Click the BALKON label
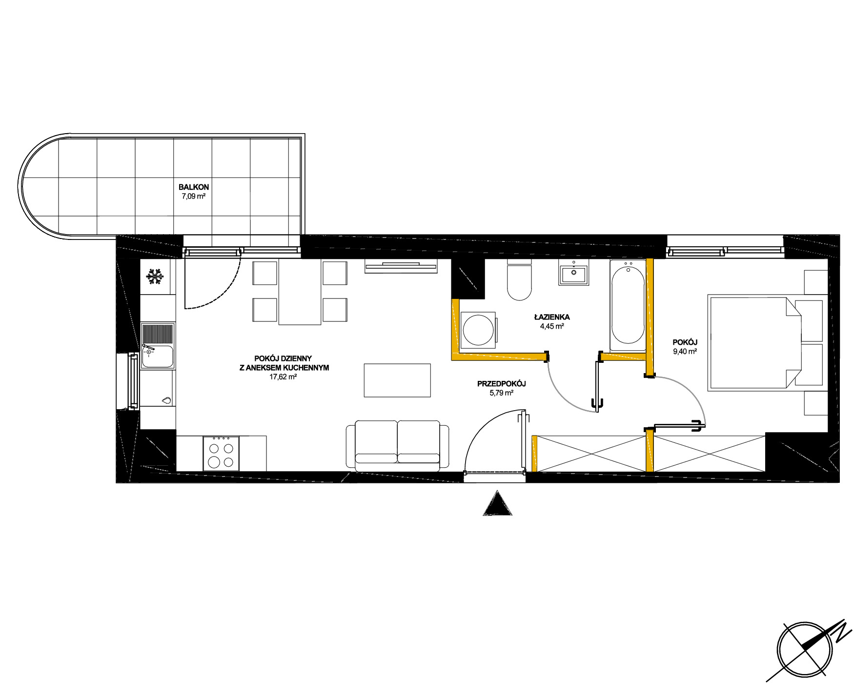(x=194, y=187)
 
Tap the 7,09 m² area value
(x=194, y=196)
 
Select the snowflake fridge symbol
(x=155, y=277)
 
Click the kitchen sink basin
(x=158, y=357)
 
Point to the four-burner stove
(x=221, y=453)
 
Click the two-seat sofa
(x=397, y=445)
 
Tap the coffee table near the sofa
(x=397, y=380)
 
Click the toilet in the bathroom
(x=519, y=279)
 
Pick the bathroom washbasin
(x=574, y=273)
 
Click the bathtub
(x=628, y=305)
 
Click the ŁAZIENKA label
(x=552, y=317)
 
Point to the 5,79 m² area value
(x=502, y=393)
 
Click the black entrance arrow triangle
(x=497, y=503)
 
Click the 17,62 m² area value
(x=283, y=377)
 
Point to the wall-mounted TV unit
(x=401, y=266)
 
